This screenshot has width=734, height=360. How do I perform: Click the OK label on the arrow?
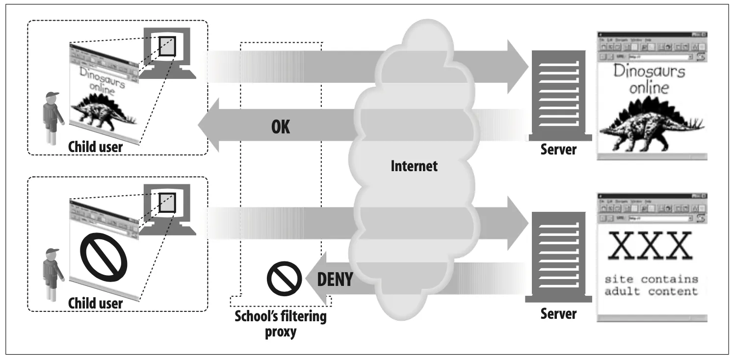pyautogui.click(x=280, y=127)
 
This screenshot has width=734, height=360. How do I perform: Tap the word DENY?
pyautogui.click(x=335, y=279)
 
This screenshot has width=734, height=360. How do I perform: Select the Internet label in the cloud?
pyautogui.click(x=414, y=166)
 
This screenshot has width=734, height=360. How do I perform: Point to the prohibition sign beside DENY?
pyautogui.click(x=284, y=278)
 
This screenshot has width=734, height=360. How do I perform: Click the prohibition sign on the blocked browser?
pyautogui.click(x=104, y=255)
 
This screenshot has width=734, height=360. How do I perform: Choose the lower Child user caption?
pyautogui.click(x=95, y=303)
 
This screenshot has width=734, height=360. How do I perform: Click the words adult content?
pyautogui.click(x=651, y=291)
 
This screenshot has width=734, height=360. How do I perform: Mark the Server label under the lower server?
pyautogui.click(x=558, y=312)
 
